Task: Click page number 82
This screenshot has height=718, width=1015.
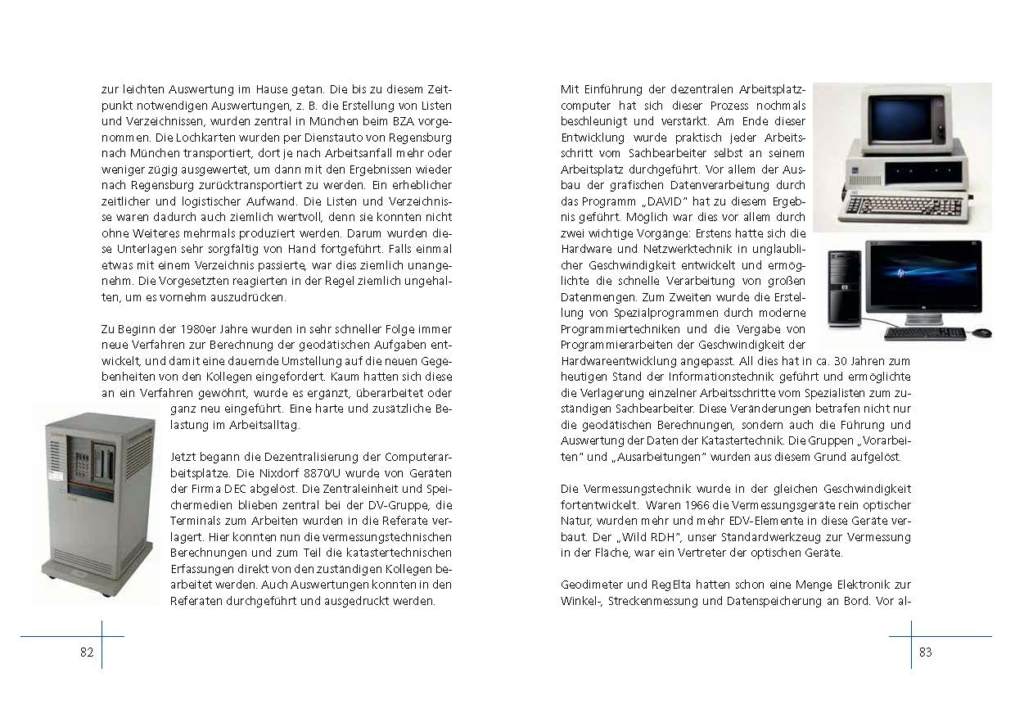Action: click(87, 652)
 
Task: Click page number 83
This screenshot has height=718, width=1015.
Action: click(925, 652)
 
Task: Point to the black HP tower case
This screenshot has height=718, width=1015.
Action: click(843, 287)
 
